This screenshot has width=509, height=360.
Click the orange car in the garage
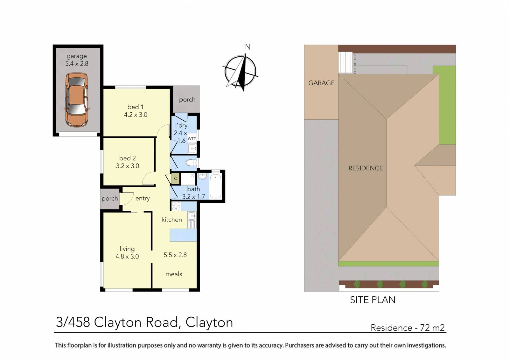pyautogui.click(x=77, y=100)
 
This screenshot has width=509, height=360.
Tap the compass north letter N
pyautogui.click(x=248, y=47)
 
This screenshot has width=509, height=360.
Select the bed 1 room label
pyautogui.click(x=135, y=107)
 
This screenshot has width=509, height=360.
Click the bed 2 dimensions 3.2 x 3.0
pyautogui.click(x=128, y=166)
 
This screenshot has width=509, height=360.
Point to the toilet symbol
pyautogui.click(x=191, y=163)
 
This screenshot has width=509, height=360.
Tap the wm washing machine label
pyautogui.click(x=192, y=138)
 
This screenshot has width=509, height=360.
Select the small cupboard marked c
pyautogui.click(x=175, y=179)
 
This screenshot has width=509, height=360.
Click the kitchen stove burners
pyautogui.click(x=176, y=206)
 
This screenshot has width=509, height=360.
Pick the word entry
pyautogui.click(x=142, y=198)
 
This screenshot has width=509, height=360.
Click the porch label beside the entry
pyautogui.click(x=110, y=199)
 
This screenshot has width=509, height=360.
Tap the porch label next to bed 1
pyautogui.click(x=187, y=100)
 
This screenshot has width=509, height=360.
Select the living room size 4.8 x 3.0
pyautogui.click(x=127, y=257)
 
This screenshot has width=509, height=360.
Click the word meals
pyautogui.click(x=174, y=274)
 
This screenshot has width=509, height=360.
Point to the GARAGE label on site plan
pyautogui.click(x=321, y=83)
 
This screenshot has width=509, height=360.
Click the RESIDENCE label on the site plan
pyautogui.click(x=366, y=168)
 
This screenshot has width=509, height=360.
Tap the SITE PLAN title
pyautogui.click(x=373, y=300)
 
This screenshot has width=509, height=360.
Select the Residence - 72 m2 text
pyautogui.click(x=408, y=328)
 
